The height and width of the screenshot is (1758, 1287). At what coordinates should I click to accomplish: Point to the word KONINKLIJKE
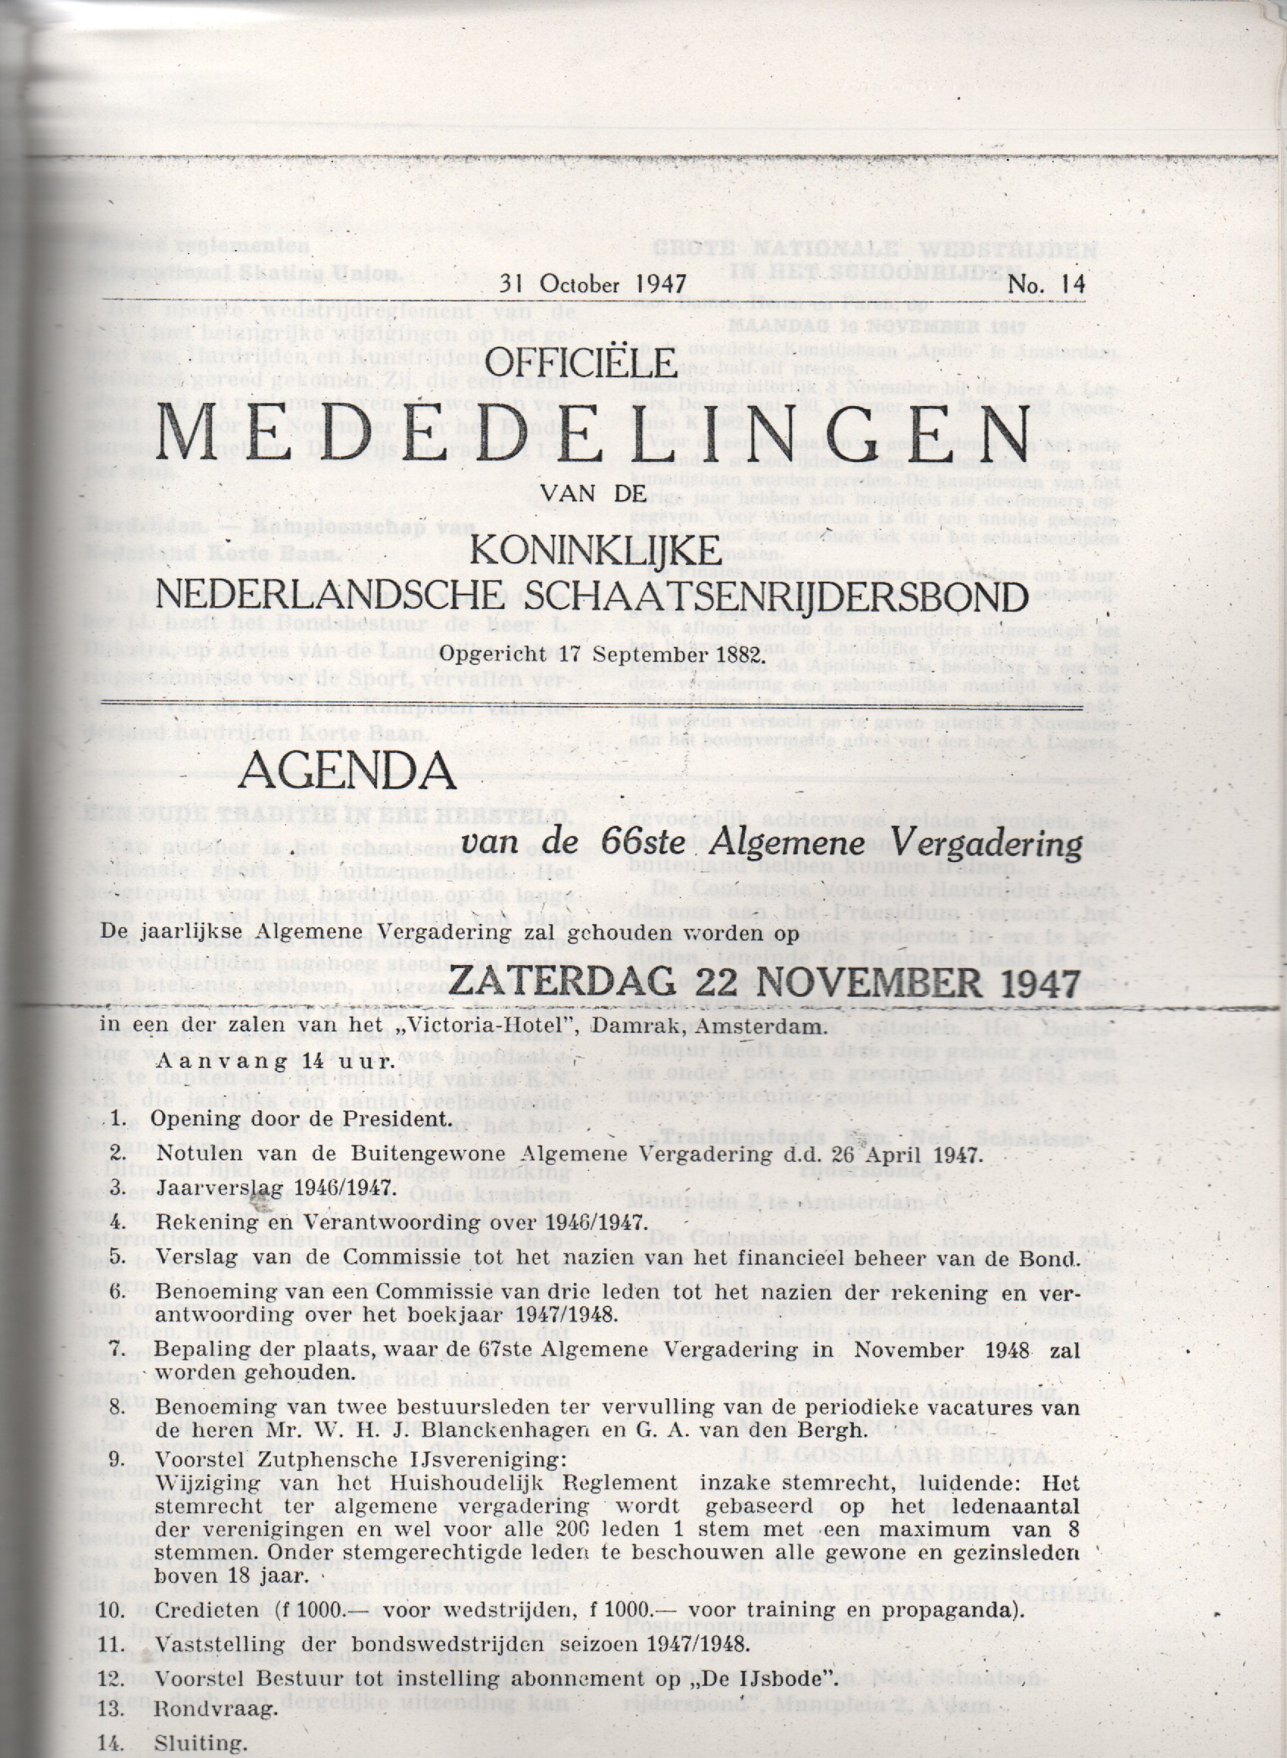pos(595,551)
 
